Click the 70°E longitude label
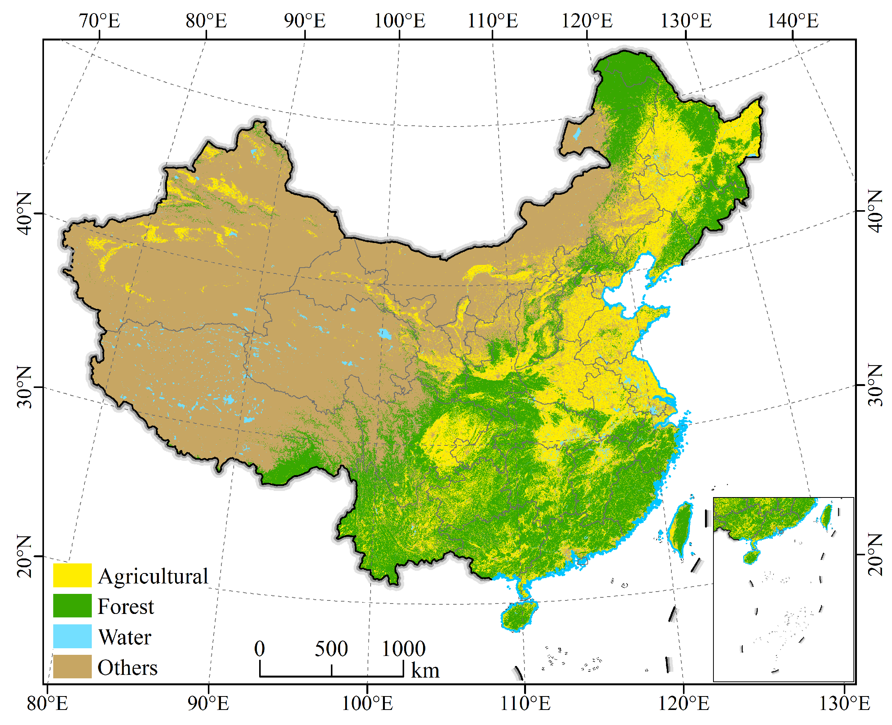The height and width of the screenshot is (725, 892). coord(99,21)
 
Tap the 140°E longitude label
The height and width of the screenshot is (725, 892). coord(792,21)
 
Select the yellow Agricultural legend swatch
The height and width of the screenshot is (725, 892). coord(72,575)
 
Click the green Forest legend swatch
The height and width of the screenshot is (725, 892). coord(72,605)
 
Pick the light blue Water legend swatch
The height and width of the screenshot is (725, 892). coord(72,636)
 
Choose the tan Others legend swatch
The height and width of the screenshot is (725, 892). coord(72,666)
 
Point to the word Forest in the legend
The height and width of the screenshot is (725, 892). coord(126,606)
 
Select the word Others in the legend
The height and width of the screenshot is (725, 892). coord(127,668)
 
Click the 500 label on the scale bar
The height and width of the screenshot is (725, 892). coord(331,649)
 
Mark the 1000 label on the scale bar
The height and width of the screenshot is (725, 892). coord(403,649)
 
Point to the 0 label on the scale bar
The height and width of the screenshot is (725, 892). coord(259,649)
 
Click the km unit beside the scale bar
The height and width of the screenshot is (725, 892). coord(425,671)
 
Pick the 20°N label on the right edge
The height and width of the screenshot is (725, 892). coord(875,554)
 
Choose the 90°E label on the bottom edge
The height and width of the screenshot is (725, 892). coord(208,704)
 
